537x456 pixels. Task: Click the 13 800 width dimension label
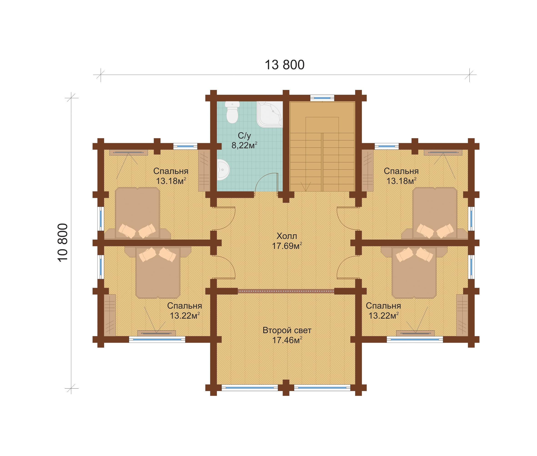pos(284,65)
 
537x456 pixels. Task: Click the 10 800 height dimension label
pos(63,243)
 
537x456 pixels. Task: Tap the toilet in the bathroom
pos(232,112)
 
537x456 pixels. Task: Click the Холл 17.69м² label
pos(287,241)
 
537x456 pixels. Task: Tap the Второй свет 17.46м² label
pos(287,335)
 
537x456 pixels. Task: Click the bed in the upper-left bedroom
pos(137,213)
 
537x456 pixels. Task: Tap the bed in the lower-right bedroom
pos(414,273)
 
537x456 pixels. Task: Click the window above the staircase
pos(322,98)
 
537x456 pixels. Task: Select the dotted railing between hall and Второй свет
pos(286,291)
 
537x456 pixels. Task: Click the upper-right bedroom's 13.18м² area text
pos(401,181)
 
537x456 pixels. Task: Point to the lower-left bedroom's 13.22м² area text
pos(185,316)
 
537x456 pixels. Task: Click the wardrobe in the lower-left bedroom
pos(110,315)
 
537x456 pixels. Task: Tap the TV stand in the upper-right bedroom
pos(443,153)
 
